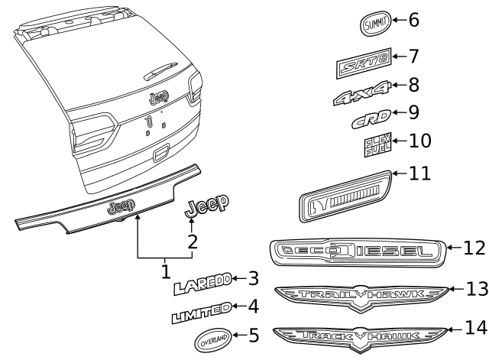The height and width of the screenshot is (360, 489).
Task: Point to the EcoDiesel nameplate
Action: point(356,251)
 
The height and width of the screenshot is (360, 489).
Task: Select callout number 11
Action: point(419,174)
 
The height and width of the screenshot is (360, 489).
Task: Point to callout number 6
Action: point(413,20)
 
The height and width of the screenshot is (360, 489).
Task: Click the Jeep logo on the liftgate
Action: point(159,98)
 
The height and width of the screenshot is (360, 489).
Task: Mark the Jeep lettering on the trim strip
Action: point(121,206)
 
